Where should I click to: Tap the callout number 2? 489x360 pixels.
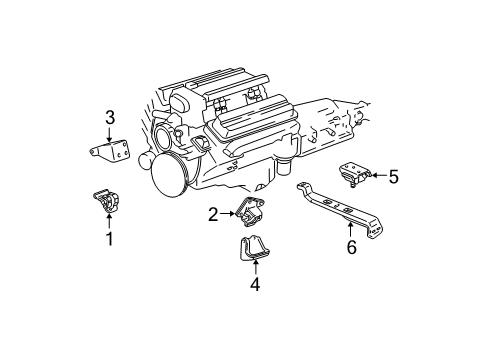213,213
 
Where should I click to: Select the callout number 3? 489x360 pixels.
111,116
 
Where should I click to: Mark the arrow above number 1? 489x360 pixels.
110,222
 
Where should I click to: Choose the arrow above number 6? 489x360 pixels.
349,223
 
